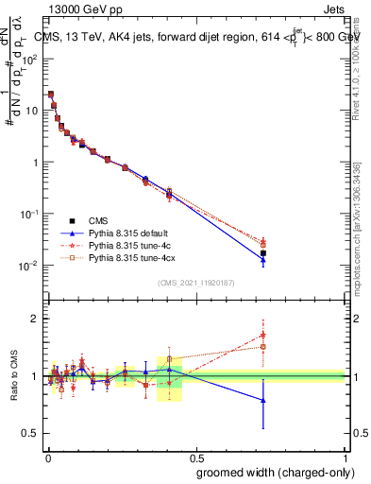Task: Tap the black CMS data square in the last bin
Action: click(263, 253)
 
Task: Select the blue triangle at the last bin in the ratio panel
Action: click(263, 400)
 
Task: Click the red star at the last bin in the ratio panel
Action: click(263, 335)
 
